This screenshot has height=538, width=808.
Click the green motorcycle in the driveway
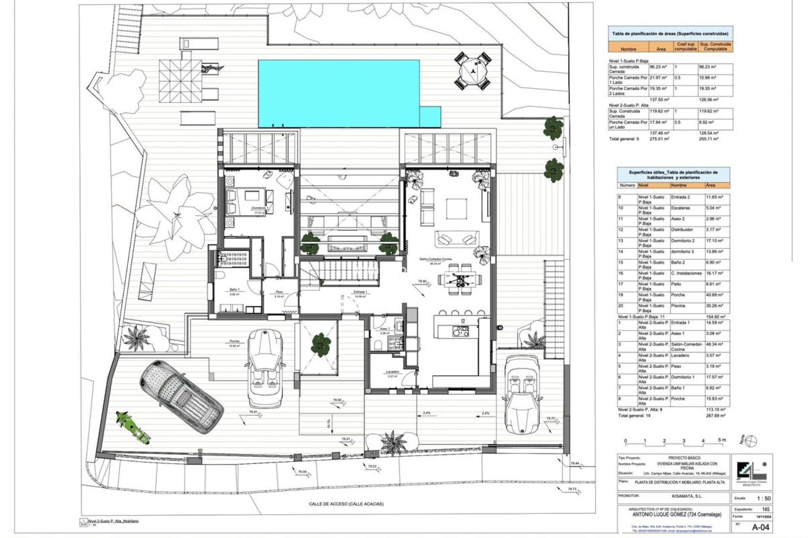point(133,427)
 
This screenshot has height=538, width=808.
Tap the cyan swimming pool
point(339,93)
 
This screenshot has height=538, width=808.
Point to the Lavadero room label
point(392,372)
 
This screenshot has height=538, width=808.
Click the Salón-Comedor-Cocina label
point(435,259)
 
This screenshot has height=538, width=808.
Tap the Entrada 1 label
point(360,292)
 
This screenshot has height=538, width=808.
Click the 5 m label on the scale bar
point(722,440)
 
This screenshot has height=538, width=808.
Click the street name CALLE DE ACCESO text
point(346,504)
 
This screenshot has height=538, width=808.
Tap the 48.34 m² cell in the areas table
point(715,344)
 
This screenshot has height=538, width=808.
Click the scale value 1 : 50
point(763,498)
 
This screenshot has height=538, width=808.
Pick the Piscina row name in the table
point(678,306)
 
